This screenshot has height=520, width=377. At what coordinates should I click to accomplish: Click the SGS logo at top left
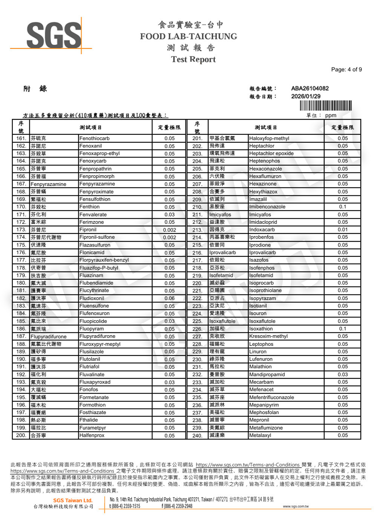[53, 35]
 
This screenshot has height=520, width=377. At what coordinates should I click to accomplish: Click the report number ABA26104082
[310, 88]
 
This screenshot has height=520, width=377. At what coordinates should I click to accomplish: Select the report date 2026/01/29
[305, 96]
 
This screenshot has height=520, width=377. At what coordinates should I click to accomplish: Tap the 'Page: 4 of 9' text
[346, 69]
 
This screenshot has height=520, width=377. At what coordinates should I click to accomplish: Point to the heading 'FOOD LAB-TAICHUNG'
[188, 37]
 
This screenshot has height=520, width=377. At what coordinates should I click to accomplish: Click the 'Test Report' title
[193, 59]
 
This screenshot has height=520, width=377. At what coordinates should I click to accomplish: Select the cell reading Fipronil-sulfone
[97, 237]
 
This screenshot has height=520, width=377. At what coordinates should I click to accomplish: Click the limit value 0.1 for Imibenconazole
[342, 207]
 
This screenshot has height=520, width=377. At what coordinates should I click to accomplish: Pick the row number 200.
[21, 435]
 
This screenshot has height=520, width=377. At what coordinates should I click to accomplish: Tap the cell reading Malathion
[260, 367]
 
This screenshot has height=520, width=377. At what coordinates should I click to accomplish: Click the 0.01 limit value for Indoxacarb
[342, 230]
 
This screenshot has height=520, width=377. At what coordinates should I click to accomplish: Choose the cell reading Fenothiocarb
[94, 139]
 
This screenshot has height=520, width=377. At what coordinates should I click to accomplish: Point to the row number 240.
[197, 436]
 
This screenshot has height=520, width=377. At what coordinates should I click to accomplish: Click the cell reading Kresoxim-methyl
[268, 336]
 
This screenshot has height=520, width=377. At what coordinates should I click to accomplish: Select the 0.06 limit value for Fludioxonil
[169, 298]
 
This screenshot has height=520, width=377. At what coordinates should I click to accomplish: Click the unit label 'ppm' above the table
[330, 115]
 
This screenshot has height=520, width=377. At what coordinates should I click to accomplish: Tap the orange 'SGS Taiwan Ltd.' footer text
[72, 500]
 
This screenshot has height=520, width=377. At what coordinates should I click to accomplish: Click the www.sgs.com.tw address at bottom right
[296, 506]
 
